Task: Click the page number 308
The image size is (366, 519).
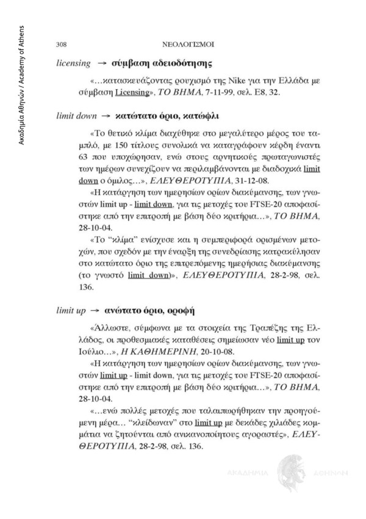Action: (x=61, y=45)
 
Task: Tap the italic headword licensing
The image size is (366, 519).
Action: (x=73, y=63)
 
